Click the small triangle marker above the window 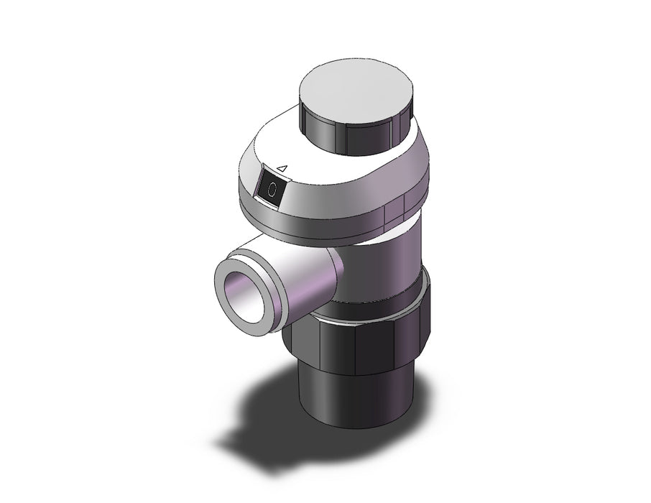click(282, 168)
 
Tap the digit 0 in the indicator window click(272, 190)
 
